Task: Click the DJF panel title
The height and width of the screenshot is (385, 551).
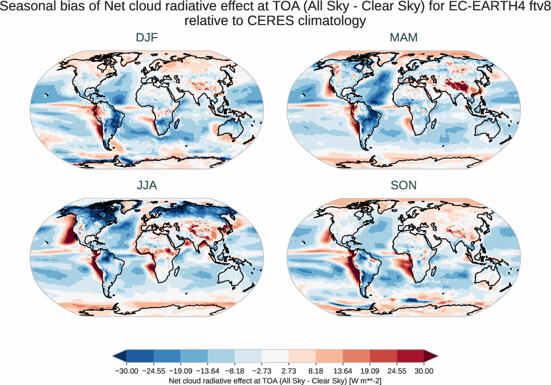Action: click(x=147, y=38)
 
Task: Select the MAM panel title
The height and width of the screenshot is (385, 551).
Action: click(x=404, y=38)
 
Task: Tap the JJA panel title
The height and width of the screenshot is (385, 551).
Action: click(x=147, y=185)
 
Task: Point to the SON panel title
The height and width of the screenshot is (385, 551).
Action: click(x=404, y=185)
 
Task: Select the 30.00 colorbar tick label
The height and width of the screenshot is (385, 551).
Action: click(x=424, y=371)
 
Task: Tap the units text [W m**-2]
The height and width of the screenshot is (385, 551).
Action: click(x=360, y=380)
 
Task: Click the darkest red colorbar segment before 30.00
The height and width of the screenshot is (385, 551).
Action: click(x=410, y=357)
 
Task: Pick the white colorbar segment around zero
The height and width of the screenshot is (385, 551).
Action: click(x=275, y=357)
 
